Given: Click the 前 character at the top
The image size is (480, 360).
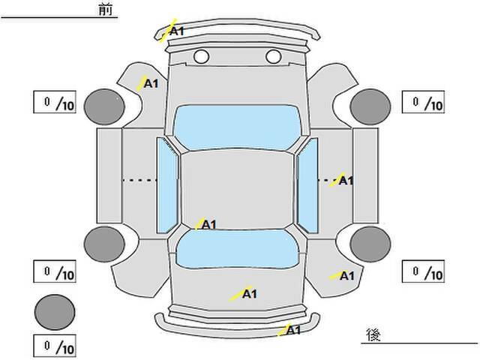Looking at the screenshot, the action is tap(106, 10).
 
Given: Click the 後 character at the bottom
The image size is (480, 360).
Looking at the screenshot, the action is tap(373, 334).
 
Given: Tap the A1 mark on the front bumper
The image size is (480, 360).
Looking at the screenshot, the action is tap(177, 31).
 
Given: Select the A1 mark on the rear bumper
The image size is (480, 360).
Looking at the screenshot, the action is tap(293, 330).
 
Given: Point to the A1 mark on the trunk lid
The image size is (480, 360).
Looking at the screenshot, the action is tap(250, 294).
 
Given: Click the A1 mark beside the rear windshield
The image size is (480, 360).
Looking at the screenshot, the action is tap(209, 225).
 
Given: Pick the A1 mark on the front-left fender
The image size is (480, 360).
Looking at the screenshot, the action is tap(151, 83).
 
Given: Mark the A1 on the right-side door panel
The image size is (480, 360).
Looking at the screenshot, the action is tap(346, 181).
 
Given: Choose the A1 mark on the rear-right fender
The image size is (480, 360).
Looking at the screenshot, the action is tap(346, 276).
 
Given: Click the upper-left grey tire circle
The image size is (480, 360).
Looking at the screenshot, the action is tap(104, 106).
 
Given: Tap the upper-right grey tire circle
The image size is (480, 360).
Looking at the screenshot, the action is tap(370, 106).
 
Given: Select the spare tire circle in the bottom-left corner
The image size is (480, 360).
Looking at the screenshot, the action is tap(55, 312).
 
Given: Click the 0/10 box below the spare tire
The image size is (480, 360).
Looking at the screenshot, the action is tap(55, 346).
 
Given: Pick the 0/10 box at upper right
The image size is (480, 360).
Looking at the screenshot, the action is tap(423, 102).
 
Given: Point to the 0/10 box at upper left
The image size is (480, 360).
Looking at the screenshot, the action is tap(55, 102).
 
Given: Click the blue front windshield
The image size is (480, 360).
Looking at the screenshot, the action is tap(237, 127).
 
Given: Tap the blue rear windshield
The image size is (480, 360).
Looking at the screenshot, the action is tap(237, 249).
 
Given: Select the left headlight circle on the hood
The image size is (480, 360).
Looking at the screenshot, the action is tap(202, 57).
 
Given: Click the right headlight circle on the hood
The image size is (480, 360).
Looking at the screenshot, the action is tap(273, 57).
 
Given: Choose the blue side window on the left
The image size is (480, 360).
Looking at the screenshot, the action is tap(167, 185).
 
